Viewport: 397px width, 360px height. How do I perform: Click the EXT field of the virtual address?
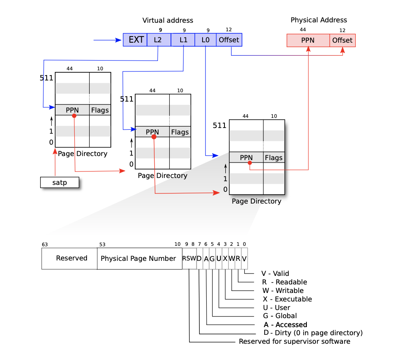click(135, 40)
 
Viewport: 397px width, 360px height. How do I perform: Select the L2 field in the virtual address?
click(159, 40)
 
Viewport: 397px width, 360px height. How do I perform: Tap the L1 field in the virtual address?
click(183, 40)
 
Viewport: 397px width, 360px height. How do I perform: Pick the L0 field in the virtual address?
click(205, 40)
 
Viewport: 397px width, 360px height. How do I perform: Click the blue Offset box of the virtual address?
click(229, 40)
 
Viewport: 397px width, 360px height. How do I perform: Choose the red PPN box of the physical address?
click(308, 40)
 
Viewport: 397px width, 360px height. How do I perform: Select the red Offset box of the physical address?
click(343, 40)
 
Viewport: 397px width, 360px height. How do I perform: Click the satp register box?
click(60, 182)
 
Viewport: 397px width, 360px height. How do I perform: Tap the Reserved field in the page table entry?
click(69, 258)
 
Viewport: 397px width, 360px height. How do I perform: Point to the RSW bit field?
click(190, 258)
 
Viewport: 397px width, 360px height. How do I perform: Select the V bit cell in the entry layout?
click(244, 258)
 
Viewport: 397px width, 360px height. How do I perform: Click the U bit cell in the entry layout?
click(219, 258)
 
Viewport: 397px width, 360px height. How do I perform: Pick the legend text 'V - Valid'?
click(275, 273)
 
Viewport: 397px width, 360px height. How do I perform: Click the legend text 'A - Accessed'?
click(285, 325)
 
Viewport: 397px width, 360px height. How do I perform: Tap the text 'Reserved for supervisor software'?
click(295, 341)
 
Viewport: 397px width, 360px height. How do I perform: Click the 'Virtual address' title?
click(168, 20)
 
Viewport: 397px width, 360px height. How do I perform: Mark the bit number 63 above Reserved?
click(45, 244)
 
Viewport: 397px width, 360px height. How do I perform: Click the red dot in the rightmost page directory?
click(250, 163)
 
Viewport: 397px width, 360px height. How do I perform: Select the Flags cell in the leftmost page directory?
click(100, 110)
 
